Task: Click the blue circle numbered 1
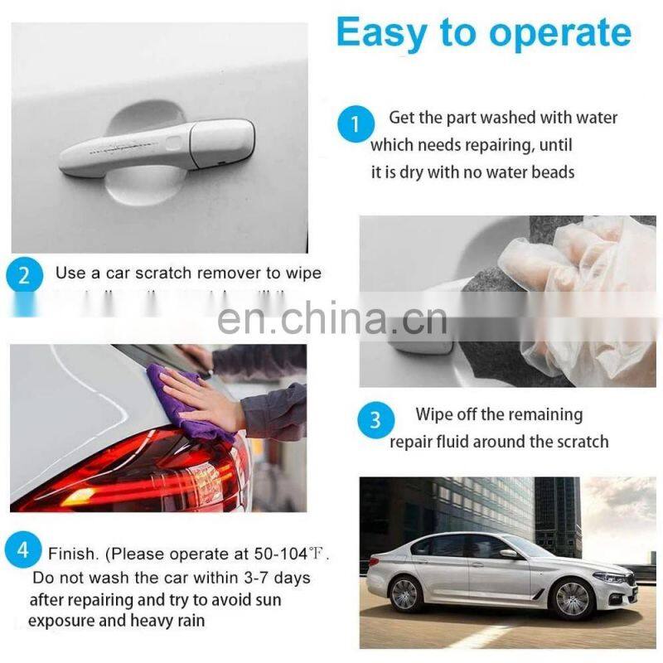click(356, 125)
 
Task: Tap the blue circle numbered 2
click(23, 275)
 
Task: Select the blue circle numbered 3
click(375, 420)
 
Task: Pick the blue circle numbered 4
click(23, 550)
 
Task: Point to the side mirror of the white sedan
click(507, 553)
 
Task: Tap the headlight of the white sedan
click(612, 576)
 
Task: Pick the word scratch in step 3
click(579, 442)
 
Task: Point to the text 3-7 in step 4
click(244, 576)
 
